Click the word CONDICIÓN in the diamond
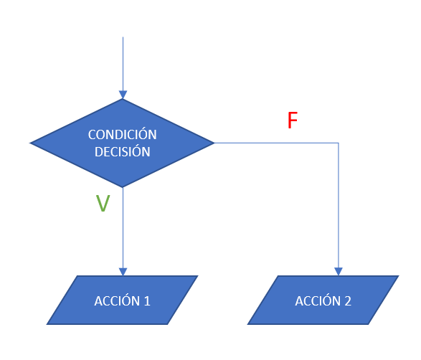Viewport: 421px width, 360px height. (123, 133)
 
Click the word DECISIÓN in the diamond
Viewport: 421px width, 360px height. (123, 151)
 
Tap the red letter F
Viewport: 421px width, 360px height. (293, 120)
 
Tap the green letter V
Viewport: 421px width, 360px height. (103, 203)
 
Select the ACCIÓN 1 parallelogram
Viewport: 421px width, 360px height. (122, 300)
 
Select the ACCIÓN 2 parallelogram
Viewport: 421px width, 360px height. (323, 300)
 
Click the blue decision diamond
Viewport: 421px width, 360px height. (122, 143)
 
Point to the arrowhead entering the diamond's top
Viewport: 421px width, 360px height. (123, 95)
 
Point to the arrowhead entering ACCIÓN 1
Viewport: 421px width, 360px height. (123, 272)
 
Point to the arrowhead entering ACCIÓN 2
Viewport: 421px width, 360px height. (339, 272)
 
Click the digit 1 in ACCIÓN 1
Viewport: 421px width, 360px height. (147, 301)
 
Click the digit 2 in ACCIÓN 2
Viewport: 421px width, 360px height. (348, 301)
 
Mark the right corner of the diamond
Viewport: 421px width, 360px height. (214, 143)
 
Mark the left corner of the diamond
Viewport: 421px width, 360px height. (29, 143)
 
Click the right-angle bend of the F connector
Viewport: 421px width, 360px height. (339, 143)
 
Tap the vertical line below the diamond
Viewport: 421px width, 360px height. (123, 227)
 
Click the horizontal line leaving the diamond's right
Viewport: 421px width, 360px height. (277, 143)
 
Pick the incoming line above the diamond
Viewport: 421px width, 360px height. (123, 64)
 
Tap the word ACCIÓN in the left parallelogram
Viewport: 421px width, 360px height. (117, 300)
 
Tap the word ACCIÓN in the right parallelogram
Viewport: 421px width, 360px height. (318, 300)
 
